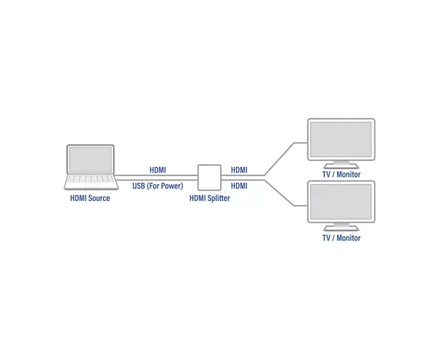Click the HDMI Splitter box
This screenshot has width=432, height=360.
[x=210, y=177]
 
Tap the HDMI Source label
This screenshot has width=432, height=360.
[x=90, y=198]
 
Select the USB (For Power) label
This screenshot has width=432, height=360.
[x=158, y=186]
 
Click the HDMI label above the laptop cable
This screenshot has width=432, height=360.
[x=158, y=170]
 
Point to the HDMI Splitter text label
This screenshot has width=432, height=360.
[x=210, y=198]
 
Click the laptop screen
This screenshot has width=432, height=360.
[x=91, y=159]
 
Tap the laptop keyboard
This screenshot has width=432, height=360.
[x=91, y=179]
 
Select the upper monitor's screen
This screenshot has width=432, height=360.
[x=341, y=140]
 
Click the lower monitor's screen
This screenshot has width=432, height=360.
[x=341, y=202]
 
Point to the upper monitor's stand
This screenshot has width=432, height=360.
[x=341, y=164]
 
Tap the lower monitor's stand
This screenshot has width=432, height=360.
[x=341, y=227]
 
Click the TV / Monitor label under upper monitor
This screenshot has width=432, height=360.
[x=341, y=174]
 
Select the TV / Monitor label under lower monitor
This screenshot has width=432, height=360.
[x=341, y=238]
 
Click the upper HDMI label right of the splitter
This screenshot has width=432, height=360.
[x=239, y=170]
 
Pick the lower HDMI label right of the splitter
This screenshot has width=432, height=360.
[x=239, y=186]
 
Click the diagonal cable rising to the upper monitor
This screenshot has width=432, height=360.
[x=279, y=159]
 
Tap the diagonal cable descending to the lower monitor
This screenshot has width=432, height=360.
[x=279, y=193]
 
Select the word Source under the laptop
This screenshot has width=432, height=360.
[x=99, y=198]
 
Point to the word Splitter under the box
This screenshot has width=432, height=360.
[x=219, y=198]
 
